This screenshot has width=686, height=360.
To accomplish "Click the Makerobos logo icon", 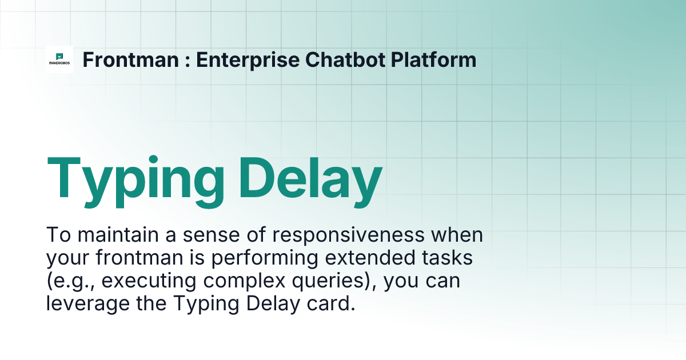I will point(59,59).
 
